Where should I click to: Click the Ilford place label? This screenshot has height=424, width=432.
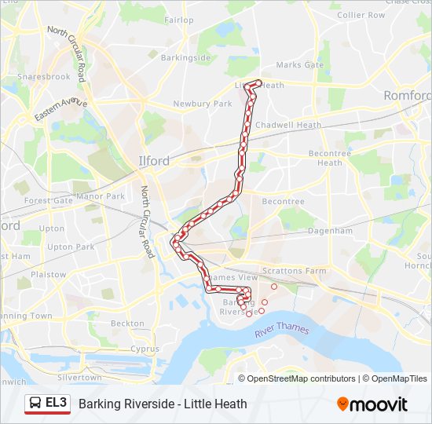pos(153,161)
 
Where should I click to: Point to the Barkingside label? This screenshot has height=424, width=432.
pos(185,58)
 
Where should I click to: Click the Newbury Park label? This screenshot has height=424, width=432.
pos(203,104)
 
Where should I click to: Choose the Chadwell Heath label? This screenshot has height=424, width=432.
pos(288,125)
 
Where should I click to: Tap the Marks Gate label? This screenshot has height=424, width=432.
pos(299,65)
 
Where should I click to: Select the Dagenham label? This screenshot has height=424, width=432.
pos(331,231)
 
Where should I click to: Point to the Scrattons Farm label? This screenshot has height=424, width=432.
pos(299,271)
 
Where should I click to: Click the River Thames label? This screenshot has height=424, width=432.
pos(282,331)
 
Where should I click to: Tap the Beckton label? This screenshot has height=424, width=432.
pos(127,323)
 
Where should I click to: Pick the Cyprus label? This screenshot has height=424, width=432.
pos(145,349)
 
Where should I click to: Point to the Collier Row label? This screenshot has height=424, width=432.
pos(361,15)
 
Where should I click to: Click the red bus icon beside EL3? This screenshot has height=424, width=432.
pos(35,404)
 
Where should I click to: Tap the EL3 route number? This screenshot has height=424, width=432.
pos(57,404)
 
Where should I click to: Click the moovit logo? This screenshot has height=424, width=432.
pos(372,404)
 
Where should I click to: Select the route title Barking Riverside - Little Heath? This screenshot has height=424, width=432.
pos(163,404)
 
